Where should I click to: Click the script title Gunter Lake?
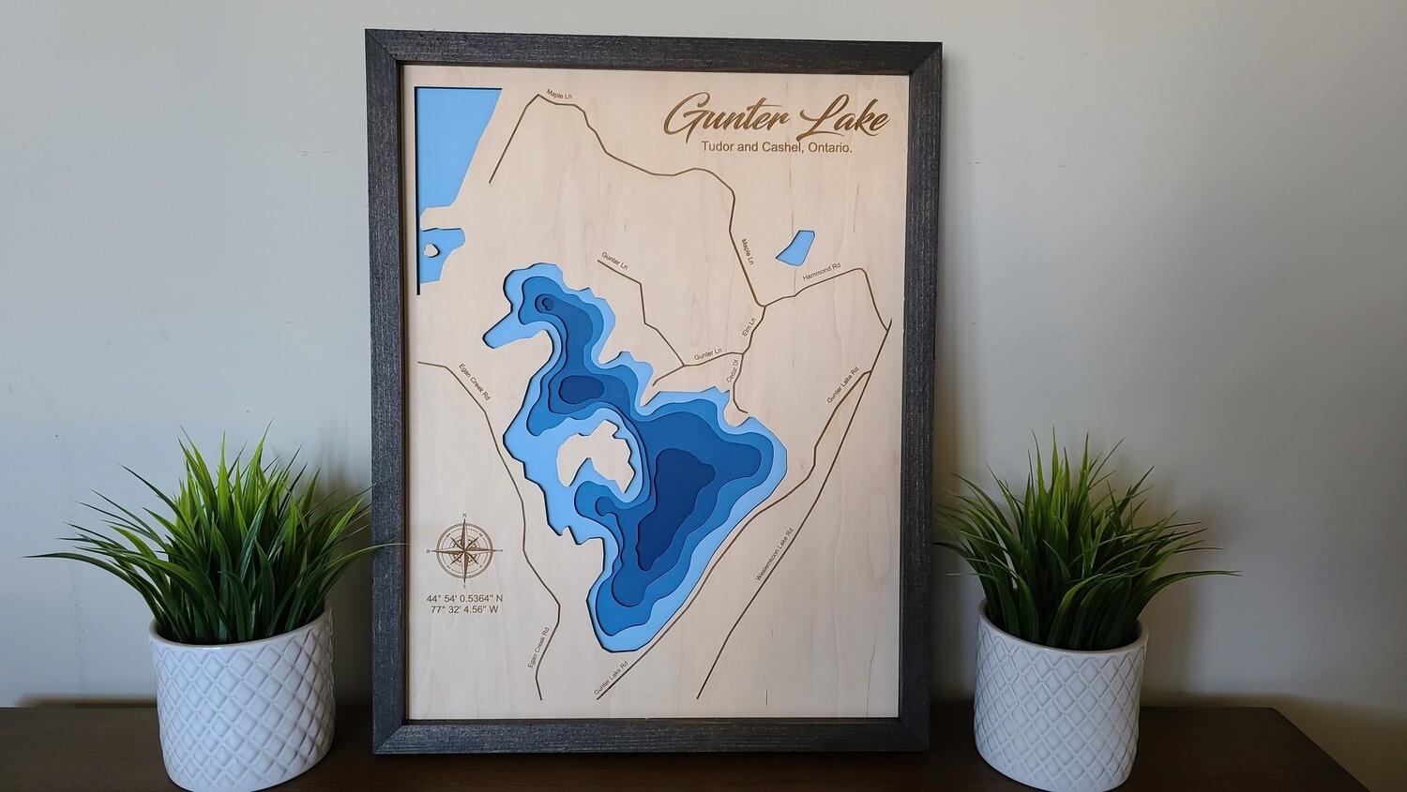(x=777, y=118)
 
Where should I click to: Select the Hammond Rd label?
(x=822, y=273)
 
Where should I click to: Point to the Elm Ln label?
(x=749, y=328)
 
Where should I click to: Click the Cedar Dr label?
(x=734, y=369)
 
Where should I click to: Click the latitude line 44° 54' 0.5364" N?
(x=464, y=598)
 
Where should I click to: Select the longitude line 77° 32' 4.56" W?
(x=463, y=610)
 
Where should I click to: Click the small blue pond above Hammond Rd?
(x=794, y=247)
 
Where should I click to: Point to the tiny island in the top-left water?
(x=431, y=250)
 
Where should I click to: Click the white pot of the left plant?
(x=241, y=698)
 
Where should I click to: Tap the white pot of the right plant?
(x=1060, y=698)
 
